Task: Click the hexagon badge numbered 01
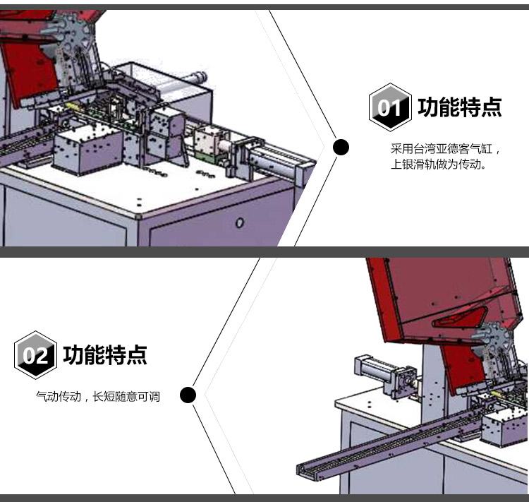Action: click(x=390, y=107)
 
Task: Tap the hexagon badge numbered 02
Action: click(x=35, y=355)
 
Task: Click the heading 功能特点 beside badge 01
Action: click(x=460, y=107)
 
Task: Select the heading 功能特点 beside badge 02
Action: click(x=105, y=355)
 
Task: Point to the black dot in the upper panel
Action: click(x=341, y=148)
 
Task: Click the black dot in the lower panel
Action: click(x=188, y=395)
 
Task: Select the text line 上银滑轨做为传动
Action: click(x=438, y=165)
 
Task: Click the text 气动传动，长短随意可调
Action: click(x=98, y=396)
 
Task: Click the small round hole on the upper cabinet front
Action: click(x=240, y=222)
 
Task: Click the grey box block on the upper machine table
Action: click(x=87, y=149)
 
